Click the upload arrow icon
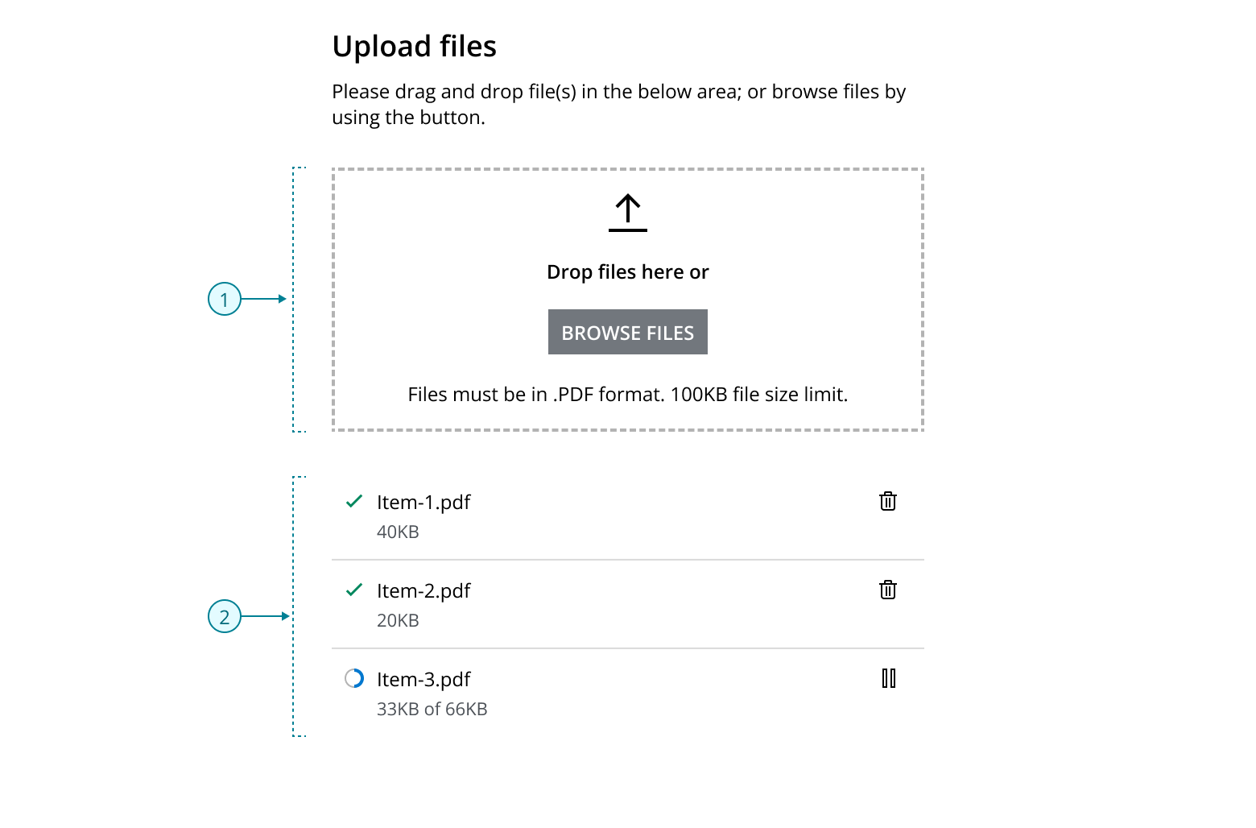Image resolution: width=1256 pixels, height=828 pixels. coord(628,213)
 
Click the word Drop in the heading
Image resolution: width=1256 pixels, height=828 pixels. coord(570,272)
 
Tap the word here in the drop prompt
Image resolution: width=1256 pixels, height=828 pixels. coord(663,272)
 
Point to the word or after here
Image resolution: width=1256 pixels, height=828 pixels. coord(699,272)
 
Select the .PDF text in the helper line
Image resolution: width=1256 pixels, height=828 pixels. coord(573,395)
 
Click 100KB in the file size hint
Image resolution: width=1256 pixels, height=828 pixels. coord(699,395)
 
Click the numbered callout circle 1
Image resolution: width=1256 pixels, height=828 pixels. coord(225,300)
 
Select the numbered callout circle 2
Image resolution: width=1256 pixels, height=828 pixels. coord(225,617)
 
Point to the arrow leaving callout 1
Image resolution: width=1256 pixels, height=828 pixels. coord(265,300)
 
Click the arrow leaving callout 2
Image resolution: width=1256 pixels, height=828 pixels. coord(266,617)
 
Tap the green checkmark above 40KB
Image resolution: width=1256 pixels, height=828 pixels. coord(354,501)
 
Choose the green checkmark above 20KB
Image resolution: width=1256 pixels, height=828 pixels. coord(354,590)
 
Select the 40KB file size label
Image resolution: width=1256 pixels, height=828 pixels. coord(398,532)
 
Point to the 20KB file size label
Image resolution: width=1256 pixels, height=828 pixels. coord(398,620)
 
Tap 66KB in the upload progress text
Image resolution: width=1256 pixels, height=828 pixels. coord(466,709)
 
